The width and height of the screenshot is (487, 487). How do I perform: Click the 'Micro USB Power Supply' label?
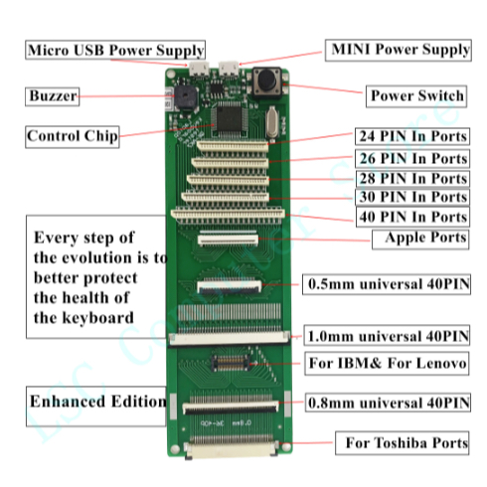pyautogui.click(x=115, y=50)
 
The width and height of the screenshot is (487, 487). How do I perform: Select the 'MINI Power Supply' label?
pyautogui.click(x=399, y=50)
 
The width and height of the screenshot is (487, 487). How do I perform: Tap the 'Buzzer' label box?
pyautogui.click(x=53, y=96)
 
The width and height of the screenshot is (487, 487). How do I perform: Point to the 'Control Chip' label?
pyautogui.click(x=73, y=136)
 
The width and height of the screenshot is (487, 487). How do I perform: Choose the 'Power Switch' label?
pyautogui.click(x=416, y=96)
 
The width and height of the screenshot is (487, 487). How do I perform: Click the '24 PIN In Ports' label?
pyautogui.click(x=412, y=136)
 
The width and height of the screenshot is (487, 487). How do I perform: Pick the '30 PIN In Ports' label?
pyautogui.click(x=412, y=197)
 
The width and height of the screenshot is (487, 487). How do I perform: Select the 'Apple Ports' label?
pyautogui.click(x=420, y=239)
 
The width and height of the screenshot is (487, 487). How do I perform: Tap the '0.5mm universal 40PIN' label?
pyautogui.click(x=387, y=284)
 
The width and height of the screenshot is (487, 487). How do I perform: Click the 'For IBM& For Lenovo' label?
pyautogui.click(x=387, y=364)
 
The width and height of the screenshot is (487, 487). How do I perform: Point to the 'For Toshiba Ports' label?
pyautogui.click(x=403, y=443)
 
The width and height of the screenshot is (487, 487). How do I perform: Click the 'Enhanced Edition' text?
pyautogui.click(x=98, y=402)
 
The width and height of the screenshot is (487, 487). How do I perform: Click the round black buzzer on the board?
pyautogui.click(x=186, y=97)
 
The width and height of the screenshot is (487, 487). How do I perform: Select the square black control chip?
pyautogui.click(x=229, y=118)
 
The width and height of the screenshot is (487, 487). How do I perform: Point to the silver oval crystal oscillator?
pyautogui.click(x=272, y=122)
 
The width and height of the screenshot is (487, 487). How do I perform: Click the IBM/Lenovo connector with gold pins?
pyautogui.click(x=231, y=363)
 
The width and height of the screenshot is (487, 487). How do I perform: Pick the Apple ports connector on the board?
pyautogui.click(x=229, y=240)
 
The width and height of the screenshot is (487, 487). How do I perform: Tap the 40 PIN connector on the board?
pyautogui.click(x=229, y=214)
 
